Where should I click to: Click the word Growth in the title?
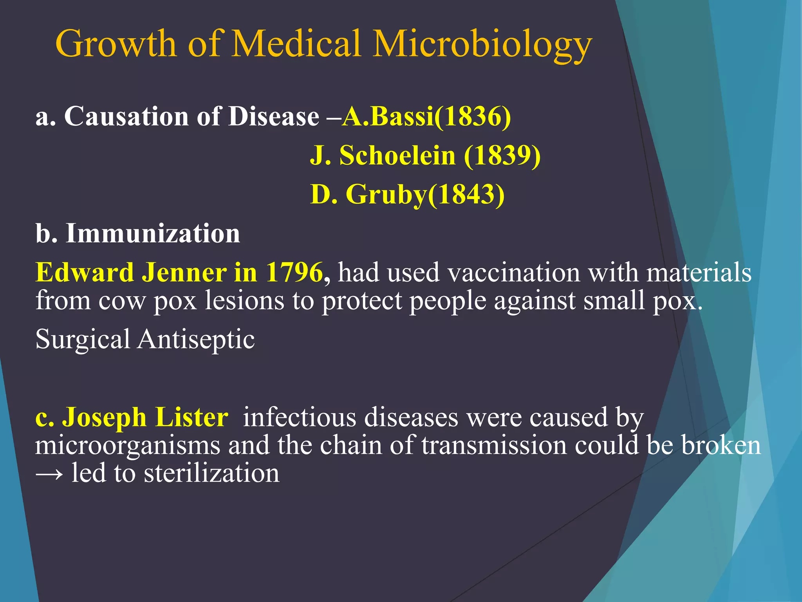tap(116, 44)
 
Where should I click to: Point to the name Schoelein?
tap(397, 155)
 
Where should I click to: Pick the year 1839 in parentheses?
tap(502, 155)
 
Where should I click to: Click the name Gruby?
tap(386, 195)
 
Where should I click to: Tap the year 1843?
tap(466, 194)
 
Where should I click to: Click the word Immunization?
tap(153, 234)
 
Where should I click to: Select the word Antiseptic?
tap(196, 339)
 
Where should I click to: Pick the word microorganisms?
tap(128, 446)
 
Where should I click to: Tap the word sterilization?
tap(211, 473)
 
